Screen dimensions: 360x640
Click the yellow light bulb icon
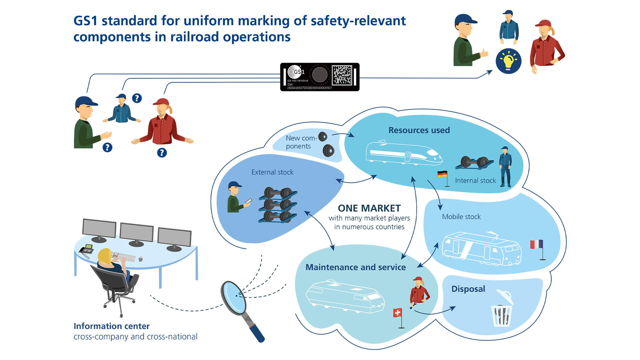508,61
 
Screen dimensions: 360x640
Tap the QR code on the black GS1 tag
342,75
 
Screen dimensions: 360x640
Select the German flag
442,174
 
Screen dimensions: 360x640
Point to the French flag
536,244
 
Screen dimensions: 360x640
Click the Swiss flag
397,313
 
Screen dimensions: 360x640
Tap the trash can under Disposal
502,315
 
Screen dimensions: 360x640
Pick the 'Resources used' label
419,130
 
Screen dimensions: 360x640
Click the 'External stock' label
272,172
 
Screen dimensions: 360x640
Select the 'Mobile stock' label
461,217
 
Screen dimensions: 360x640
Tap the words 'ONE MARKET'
369,208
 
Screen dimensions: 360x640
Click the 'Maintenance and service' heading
355,267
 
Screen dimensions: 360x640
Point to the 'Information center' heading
112,326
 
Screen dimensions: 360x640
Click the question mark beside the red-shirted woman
162,153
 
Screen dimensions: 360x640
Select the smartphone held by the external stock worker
249,201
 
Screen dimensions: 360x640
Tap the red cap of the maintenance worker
417,279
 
